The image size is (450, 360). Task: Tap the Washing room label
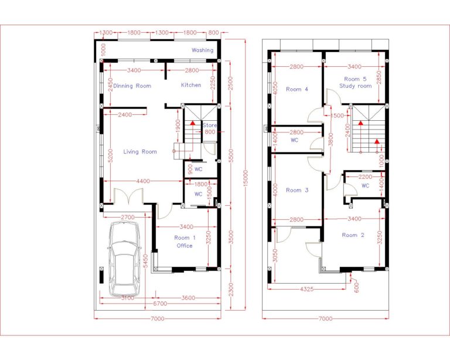tap(203, 50)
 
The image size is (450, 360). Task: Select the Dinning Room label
tap(132, 86)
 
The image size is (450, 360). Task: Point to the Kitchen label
tap(191, 85)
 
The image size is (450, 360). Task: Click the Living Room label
tap(140, 152)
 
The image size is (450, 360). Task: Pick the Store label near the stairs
tap(210, 125)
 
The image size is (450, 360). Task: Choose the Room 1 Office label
tap(185, 242)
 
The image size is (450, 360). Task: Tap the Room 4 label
tap(297, 89)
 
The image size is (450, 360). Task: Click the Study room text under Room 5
tap(356, 86)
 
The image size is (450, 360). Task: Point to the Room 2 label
tap(354, 235)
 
